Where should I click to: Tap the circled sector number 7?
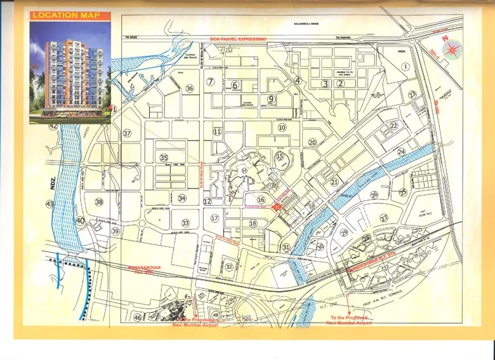[x=209, y=82]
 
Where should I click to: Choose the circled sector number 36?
[x=189, y=88]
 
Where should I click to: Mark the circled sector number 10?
[x=281, y=128]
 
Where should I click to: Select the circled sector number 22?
[x=393, y=126]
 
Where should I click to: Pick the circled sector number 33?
[x=185, y=223]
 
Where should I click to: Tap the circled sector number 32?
[x=229, y=267]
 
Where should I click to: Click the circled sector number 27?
[x=384, y=218]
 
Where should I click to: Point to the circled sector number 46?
[x=138, y=317]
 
